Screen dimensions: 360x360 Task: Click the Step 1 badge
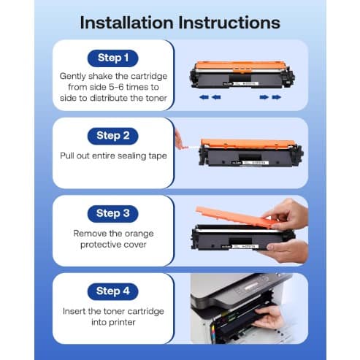(112, 58)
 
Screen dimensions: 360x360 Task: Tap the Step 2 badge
(112, 136)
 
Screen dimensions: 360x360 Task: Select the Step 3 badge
(112, 213)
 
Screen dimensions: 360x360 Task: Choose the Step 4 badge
(112, 291)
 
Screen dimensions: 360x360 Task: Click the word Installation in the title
(126, 23)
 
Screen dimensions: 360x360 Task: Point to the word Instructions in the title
(229, 23)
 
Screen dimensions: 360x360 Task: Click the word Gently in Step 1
(72, 77)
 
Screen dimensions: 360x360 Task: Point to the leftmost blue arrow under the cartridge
(204, 97)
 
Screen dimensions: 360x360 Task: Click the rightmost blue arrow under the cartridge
(277, 97)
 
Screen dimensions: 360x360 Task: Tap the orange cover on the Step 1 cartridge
(240, 66)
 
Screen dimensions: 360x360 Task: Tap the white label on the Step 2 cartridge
(256, 162)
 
